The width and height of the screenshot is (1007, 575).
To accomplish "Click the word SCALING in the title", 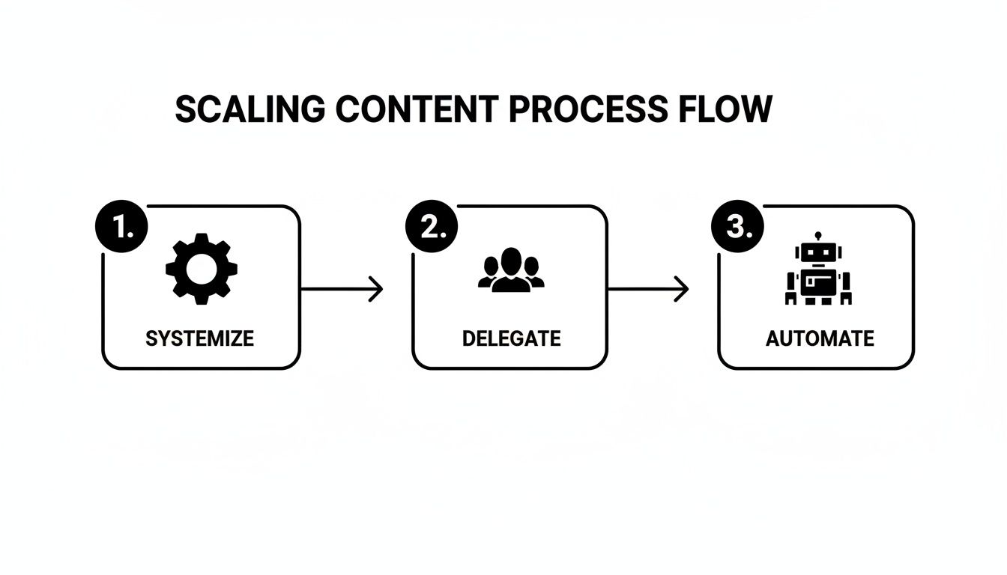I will [x=250, y=110].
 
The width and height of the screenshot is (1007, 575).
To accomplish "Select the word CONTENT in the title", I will [x=416, y=110].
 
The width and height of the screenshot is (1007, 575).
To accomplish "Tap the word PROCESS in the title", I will [x=587, y=110].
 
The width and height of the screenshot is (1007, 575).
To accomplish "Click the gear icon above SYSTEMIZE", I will [x=201, y=269].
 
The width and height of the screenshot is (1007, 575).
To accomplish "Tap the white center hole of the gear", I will [x=201, y=269].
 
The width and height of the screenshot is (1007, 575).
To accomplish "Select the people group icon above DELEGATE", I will [x=511, y=270].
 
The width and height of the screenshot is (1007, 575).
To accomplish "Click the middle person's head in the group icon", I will [x=511, y=261].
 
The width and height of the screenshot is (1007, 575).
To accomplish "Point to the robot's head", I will [x=817, y=254].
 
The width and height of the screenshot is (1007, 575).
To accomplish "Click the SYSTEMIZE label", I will [x=199, y=338].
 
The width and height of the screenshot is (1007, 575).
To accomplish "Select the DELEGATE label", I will [x=511, y=338].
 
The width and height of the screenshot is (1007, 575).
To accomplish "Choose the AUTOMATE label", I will [x=820, y=338].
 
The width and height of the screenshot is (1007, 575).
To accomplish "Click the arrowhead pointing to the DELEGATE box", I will [x=377, y=289].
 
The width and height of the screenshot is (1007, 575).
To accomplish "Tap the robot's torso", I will [x=817, y=284].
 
